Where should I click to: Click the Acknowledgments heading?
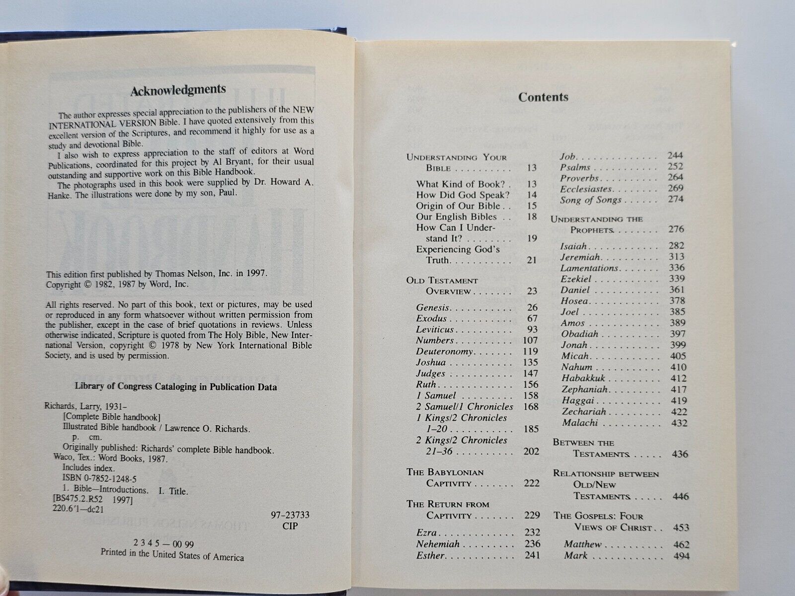click(177, 90)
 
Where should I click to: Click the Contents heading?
click(543, 97)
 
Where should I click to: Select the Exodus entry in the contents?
click(431, 318)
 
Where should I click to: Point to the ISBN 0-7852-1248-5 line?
click(99, 479)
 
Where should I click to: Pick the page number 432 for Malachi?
click(678, 423)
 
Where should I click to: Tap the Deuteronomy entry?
click(444, 351)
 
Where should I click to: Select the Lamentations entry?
click(589, 268)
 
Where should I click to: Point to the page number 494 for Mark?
click(681, 556)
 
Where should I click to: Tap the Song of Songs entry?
click(590, 200)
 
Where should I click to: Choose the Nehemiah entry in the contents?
click(437, 544)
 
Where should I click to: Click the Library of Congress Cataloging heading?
click(175, 386)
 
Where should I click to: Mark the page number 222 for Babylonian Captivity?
click(531, 483)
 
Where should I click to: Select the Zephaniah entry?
click(585, 389)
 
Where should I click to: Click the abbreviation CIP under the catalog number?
click(290, 525)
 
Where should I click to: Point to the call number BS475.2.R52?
click(79, 500)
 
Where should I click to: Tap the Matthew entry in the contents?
click(582, 544)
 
